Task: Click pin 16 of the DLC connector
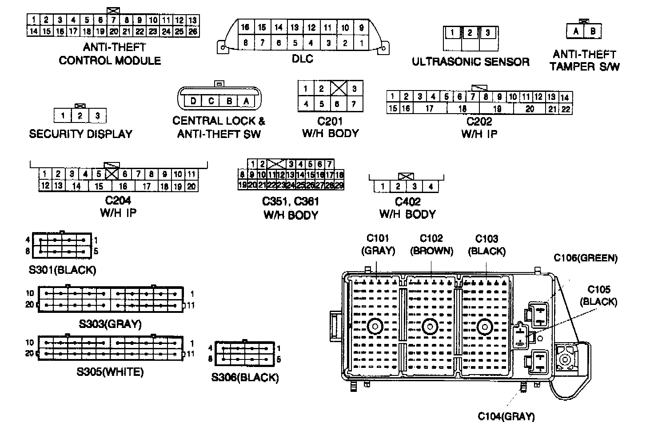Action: click(x=245, y=28)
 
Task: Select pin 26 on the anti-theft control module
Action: click(x=192, y=32)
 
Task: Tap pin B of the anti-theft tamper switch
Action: click(x=593, y=32)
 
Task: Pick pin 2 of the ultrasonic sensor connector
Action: click(x=470, y=33)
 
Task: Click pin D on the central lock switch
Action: click(x=193, y=101)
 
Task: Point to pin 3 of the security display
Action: click(x=97, y=116)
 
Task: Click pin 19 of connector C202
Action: click(x=497, y=109)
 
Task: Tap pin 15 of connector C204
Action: click(x=99, y=186)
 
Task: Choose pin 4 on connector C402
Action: click(x=430, y=187)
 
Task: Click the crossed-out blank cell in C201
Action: click(x=338, y=88)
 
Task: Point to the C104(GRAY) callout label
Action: click(x=506, y=416)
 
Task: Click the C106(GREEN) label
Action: click(x=585, y=258)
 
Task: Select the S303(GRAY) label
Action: click(x=110, y=324)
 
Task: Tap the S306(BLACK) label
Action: click(x=245, y=378)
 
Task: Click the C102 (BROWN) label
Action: click(x=431, y=245)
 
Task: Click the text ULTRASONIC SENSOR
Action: click(x=471, y=62)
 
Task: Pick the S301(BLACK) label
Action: click(x=62, y=270)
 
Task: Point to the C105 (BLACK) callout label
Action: click(x=598, y=296)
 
